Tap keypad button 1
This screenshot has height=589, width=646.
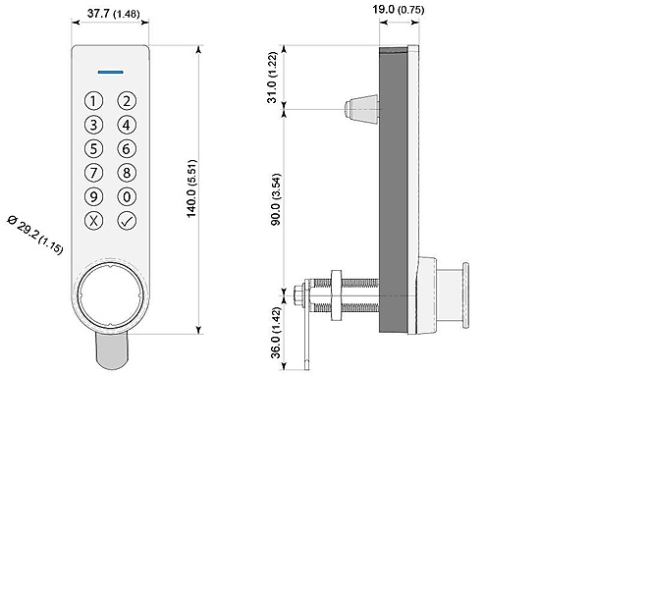coord(93,101)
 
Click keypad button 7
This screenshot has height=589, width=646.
coord(93,173)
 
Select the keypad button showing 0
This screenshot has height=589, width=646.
coord(127,196)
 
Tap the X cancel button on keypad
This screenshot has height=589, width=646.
coord(93,220)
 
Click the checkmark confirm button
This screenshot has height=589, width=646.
coord(127,220)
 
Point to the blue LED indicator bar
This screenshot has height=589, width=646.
coord(110,72)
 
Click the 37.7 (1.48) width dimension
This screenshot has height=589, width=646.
coord(113,14)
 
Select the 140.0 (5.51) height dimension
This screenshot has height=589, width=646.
coord(192,188)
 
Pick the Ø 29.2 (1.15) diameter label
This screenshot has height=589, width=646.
coord(35,235)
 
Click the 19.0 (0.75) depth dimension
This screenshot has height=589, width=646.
coord(398,9)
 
